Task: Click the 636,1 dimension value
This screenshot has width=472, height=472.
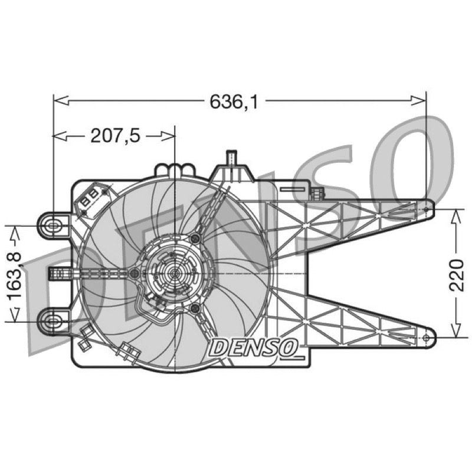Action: (x=234, y=101)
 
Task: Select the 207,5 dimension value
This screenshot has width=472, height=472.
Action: (x=116, y=136)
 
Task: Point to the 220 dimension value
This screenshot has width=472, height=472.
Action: (x=456, y=274)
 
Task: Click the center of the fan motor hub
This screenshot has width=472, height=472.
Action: (x=175, y=273)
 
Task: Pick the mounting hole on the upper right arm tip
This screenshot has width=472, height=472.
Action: (x=426, y=209)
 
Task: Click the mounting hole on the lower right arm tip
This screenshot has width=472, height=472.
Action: (x=426, y=337)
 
